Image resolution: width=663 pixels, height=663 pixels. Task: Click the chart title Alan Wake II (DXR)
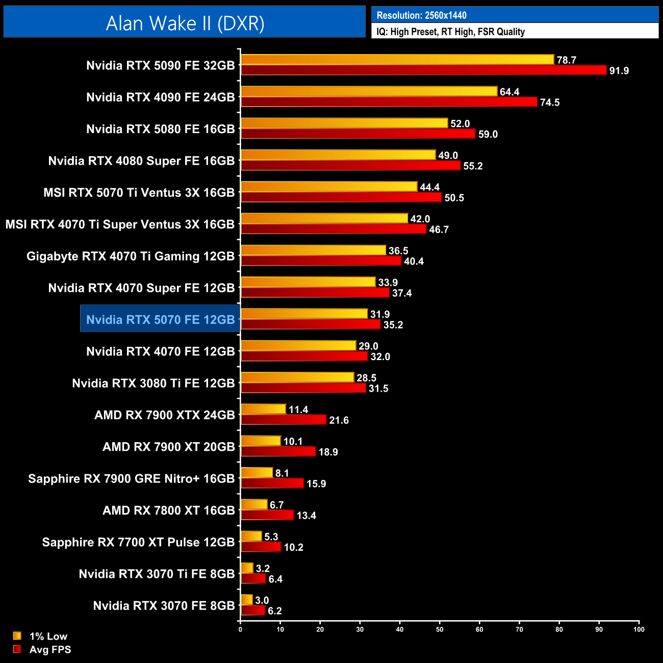coord(185,23)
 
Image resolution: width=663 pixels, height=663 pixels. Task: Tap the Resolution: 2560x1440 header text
coord(421,15)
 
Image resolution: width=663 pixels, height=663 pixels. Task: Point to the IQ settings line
coord(450,32)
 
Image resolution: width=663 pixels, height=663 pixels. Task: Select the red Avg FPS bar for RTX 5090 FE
coord(423,70)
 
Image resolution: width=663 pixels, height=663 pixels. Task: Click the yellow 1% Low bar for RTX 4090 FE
coord(369,91)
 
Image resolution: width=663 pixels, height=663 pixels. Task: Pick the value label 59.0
coord(488,134)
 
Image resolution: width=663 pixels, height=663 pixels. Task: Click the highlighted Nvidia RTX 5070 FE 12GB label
coord(160,319)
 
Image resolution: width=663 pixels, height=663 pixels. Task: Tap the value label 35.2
coord(393,325)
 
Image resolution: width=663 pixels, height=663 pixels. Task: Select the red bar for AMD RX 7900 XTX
coord(284,420)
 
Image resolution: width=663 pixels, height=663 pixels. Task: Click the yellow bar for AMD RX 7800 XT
coord(254,504)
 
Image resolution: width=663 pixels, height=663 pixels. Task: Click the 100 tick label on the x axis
coord(639,629)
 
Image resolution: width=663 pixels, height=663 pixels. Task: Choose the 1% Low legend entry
coord(48,636)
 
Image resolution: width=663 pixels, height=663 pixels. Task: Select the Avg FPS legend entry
coord(50,649)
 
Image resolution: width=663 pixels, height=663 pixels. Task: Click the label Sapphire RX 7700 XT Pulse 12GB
coord(138,542)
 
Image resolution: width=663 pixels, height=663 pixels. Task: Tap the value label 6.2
coord(274,610)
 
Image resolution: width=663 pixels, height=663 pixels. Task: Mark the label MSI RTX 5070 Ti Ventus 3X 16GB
coord(139,193)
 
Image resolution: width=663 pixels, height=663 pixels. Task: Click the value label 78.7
coord(566,60)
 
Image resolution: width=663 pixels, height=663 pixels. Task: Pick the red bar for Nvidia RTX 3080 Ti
coord(303,388)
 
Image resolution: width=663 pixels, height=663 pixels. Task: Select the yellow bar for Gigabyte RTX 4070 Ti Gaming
coord(313,250)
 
